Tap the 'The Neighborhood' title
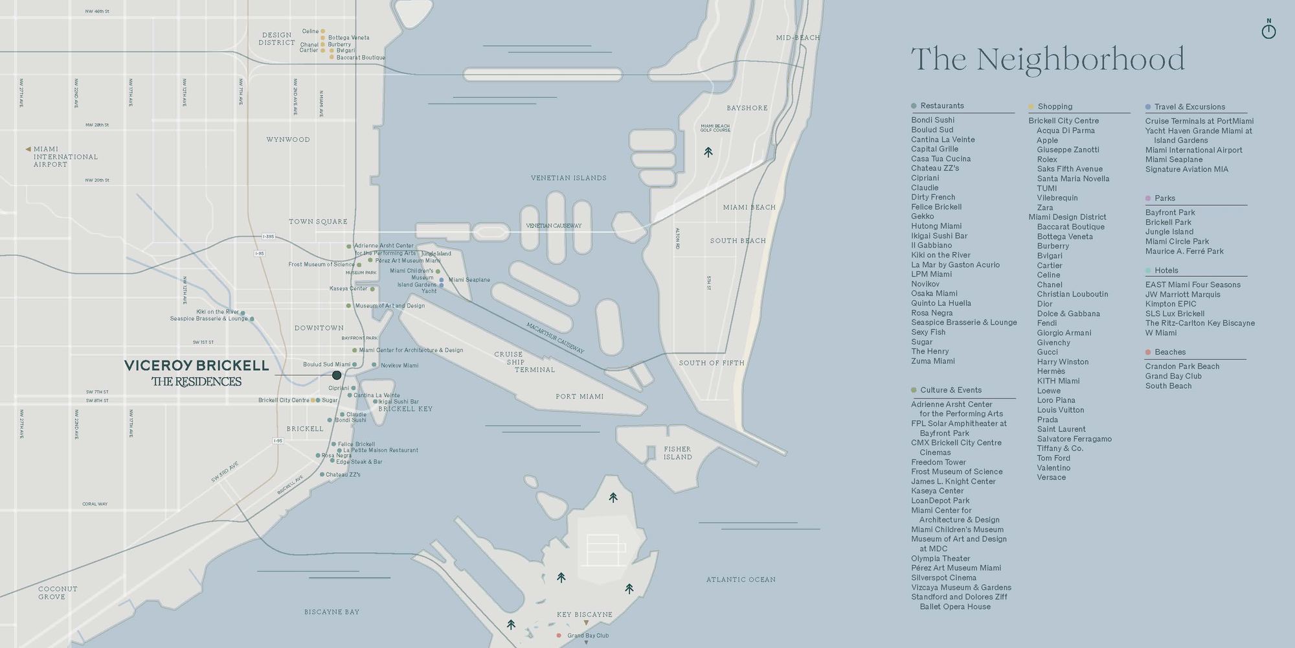1047,60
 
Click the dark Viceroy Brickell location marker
337,375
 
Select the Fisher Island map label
677,453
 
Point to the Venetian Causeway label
554,226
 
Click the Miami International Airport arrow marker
28,149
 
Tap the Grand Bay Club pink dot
559,636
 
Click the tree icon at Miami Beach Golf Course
708,152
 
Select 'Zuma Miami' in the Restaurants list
932,361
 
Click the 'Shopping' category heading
1055,106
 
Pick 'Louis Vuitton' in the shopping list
1060,410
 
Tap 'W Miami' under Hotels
1160,332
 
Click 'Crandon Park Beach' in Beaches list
1182,366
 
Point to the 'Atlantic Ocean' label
740,579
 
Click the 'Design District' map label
276,39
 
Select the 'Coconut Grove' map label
57,593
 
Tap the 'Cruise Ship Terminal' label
516,362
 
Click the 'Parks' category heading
1164,198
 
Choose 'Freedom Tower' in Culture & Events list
938,462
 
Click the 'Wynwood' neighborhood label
288,139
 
